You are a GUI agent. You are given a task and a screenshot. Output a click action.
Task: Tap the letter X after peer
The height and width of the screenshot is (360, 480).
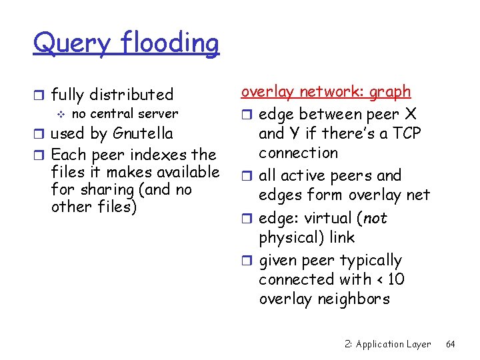411,114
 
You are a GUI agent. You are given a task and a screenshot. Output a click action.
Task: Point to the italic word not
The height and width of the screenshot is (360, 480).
375,218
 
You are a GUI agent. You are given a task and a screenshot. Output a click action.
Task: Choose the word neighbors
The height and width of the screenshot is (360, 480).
353,299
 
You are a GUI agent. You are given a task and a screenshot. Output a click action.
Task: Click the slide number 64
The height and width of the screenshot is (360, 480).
450,344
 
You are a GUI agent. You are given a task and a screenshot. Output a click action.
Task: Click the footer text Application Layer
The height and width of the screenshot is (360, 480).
393,344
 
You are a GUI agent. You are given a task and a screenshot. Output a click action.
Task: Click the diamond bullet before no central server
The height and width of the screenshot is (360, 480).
59,114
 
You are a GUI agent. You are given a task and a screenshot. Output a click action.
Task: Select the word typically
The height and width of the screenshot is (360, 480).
369,260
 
